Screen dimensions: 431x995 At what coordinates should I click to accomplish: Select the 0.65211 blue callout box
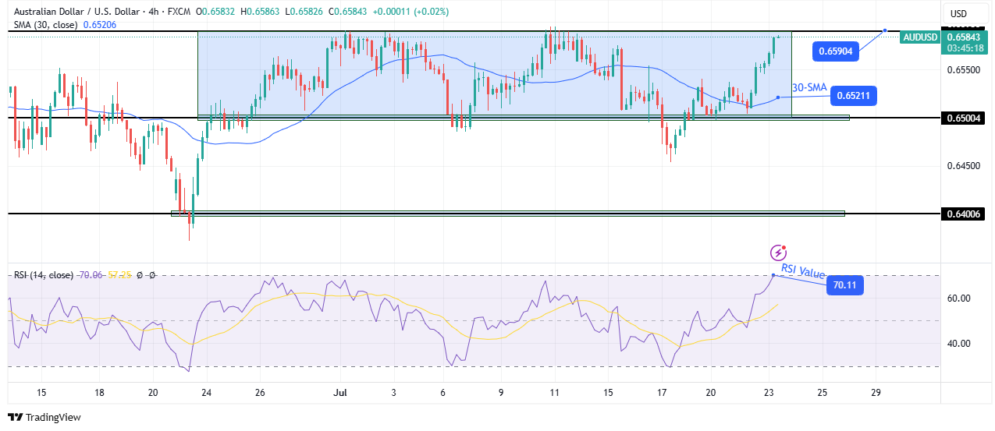click(x=855, y=97)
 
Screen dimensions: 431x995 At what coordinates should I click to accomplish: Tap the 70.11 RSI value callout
click(x=844, y=286)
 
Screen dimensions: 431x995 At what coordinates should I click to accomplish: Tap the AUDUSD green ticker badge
click(x=920, y=37)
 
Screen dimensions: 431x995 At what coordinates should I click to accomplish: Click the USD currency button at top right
click(x=958, y=13)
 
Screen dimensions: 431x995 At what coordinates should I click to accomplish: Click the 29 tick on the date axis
click(x=876, y=393)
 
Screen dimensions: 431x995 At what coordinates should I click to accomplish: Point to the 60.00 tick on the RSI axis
click(x=958, y=299)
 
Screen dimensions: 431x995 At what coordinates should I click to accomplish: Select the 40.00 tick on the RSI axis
click(x=958, y=344)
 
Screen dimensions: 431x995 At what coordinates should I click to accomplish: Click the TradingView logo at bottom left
click(x=44, y=418)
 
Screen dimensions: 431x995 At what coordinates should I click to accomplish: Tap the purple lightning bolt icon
click(x=778, y=253)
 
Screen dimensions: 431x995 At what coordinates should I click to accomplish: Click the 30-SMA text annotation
click(x=808, y=88)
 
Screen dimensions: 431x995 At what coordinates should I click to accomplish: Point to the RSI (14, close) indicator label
click(x=42, y=275)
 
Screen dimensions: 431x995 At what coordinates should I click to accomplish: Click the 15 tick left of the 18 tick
click(x=41, y=393)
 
